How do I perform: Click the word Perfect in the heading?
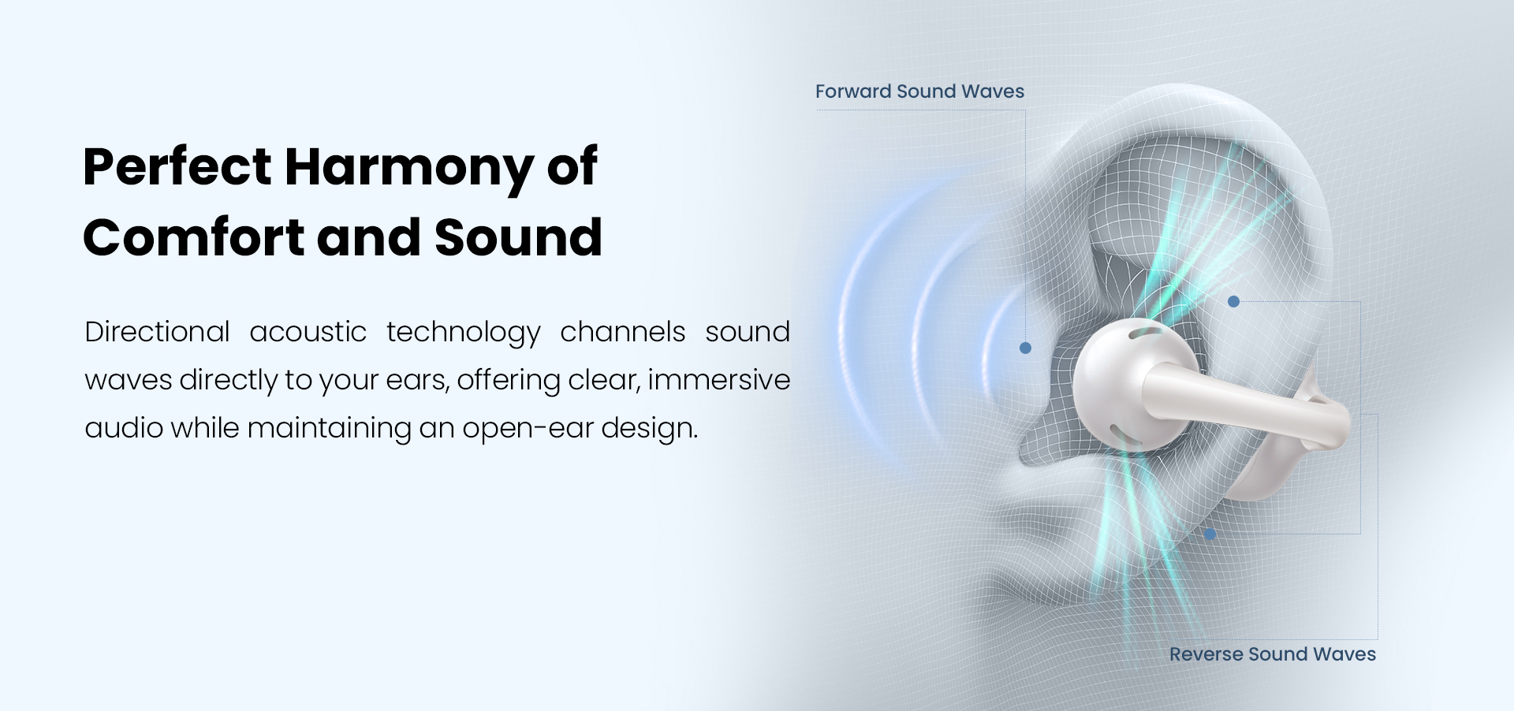click(177, 166)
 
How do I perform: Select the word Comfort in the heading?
click(194, 237)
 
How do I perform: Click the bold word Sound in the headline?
click(518, 237)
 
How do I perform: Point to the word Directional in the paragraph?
click(158, 332)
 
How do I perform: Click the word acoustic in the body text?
click(308, 332)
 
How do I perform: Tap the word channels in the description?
click(623, 332)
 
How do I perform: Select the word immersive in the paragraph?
click(719, 380)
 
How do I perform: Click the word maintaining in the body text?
click(330, 429)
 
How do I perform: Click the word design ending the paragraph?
click(650, 429)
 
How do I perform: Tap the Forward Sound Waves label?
click(919, 91)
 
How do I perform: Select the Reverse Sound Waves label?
click(1273, 654)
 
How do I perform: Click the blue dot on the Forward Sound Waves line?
click(1025, 348)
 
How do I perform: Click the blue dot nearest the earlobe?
click(1210, 534)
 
